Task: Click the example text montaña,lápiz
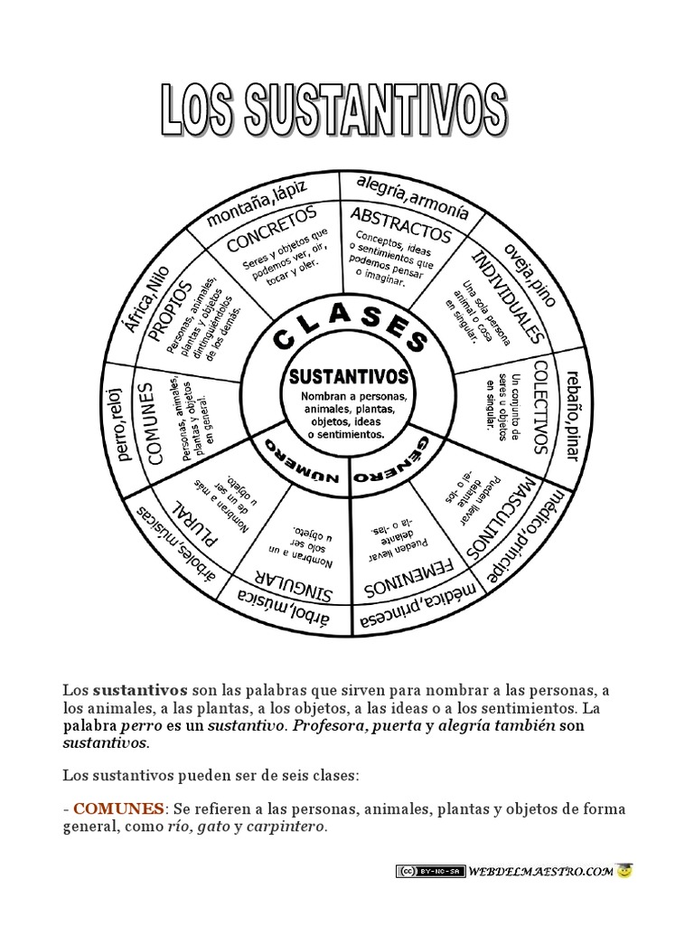(257, 203)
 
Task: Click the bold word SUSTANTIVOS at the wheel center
(347, 375)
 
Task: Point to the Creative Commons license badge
(429, 872)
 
